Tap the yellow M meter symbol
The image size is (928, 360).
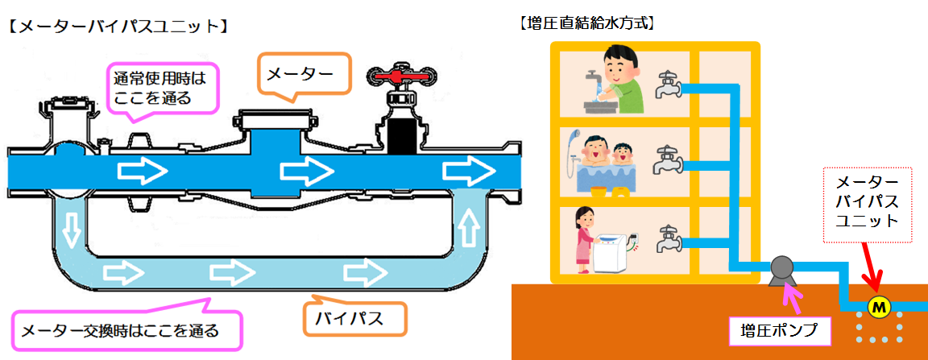[878, 307]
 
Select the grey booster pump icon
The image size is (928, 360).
[782, 271]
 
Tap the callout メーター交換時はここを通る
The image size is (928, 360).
[126, 328]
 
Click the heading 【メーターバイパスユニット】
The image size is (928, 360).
[115, 27]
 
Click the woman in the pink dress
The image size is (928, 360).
[584, 240]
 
